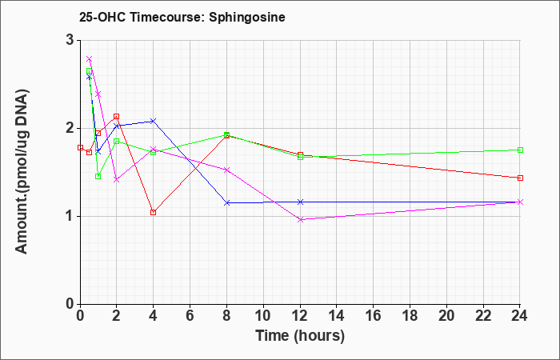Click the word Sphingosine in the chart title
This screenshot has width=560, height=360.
(246, 18)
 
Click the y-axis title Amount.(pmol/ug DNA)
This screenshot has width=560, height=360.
(22, 172)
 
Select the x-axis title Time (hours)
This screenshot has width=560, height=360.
(300, 336)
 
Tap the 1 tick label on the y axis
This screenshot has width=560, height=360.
(70, 217)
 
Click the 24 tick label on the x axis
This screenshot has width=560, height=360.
(520, 315)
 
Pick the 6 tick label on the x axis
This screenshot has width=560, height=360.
(190, 315)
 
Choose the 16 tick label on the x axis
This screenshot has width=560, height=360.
(374, 315)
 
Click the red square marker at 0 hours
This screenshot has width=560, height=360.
(80, 147)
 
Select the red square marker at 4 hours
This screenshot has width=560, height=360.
(154, 213)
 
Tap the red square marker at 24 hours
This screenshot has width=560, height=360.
(520, 178)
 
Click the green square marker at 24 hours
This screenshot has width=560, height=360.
(520, 150)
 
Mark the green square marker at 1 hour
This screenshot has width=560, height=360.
(98, 177)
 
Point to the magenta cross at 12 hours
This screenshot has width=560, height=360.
(300, 220)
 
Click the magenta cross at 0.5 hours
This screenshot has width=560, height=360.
(90, 59)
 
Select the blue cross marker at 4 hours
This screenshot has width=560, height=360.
(154, 121)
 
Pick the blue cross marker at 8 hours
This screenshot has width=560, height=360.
(226, 203)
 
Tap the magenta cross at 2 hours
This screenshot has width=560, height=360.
(117, 180)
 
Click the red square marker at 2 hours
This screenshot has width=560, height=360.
(117, 117)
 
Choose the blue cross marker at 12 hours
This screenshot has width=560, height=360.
(300, 202)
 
